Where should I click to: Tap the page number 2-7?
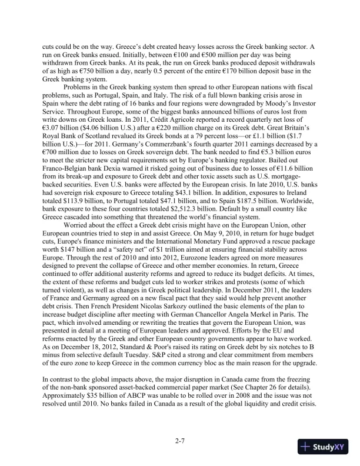[x=179, y=439]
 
